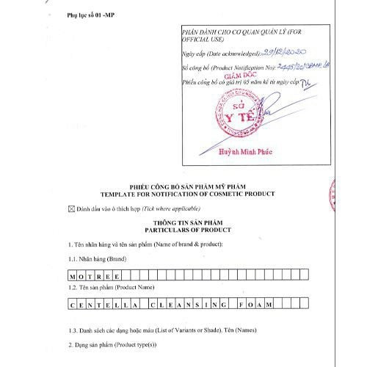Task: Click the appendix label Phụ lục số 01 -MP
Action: tap(92, 14)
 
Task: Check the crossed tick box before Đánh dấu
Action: tap(71, 208)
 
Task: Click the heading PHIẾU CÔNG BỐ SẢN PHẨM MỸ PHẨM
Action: tap(181, 187)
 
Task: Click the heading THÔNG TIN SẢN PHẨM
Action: tap(180, 221)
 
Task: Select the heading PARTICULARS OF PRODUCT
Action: tap(180, 228)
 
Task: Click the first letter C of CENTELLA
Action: tap(73, 303)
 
